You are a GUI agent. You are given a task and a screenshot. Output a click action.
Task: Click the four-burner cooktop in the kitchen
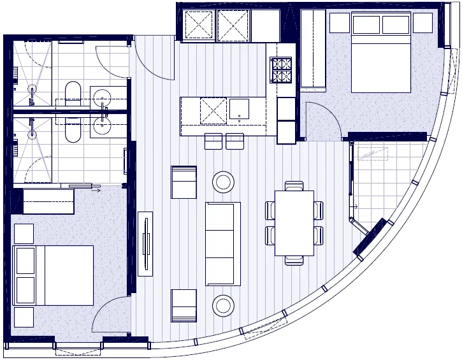pos(282,70)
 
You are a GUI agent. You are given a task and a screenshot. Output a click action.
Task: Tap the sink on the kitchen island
pos(239,109)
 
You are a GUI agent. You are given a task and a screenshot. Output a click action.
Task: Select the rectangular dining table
pos(294,222)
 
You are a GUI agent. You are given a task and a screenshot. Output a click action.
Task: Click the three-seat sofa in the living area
pos(222,243)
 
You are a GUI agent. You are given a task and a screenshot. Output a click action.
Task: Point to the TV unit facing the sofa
pos(145,243)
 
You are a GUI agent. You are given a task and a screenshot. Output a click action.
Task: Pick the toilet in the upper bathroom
pos(72,95)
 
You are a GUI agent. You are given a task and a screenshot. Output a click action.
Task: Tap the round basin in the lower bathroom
pos(103,126)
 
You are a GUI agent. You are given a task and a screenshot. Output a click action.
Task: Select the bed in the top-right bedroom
pos(380,54)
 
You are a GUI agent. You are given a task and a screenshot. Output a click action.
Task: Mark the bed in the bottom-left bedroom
pos(53,275)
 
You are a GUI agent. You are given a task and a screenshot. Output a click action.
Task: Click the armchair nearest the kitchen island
pos(184,182)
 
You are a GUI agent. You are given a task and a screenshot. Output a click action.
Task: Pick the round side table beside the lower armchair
pos(223,305)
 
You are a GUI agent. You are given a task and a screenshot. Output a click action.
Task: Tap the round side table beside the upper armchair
pos(223,182)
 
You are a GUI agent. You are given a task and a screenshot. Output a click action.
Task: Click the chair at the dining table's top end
pos(294,185)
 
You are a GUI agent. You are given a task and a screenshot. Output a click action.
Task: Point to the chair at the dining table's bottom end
pos(294,260)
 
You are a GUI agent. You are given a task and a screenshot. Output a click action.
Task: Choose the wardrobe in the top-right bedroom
pos(313,50)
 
